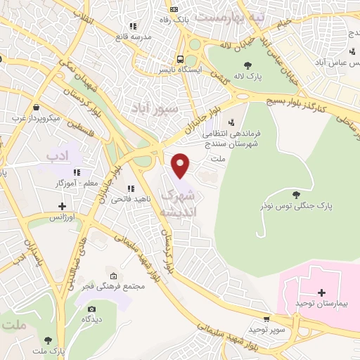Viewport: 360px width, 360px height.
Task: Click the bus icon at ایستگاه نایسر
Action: click(181, 60)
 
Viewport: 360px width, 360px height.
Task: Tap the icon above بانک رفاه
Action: click(174, 9)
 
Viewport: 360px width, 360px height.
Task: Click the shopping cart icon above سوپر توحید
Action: click(265, 318)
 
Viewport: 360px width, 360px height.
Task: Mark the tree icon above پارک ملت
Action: click(48, 340)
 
